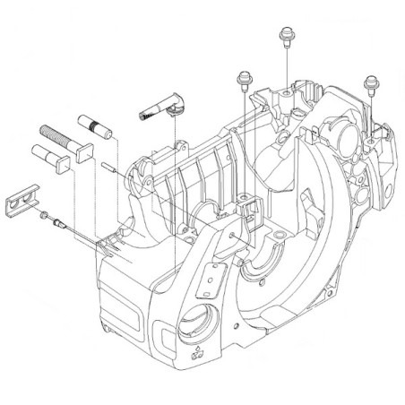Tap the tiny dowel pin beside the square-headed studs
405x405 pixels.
[106, 162]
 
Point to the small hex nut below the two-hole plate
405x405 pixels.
[42, 215]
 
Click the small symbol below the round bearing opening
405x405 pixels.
[195, 352]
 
